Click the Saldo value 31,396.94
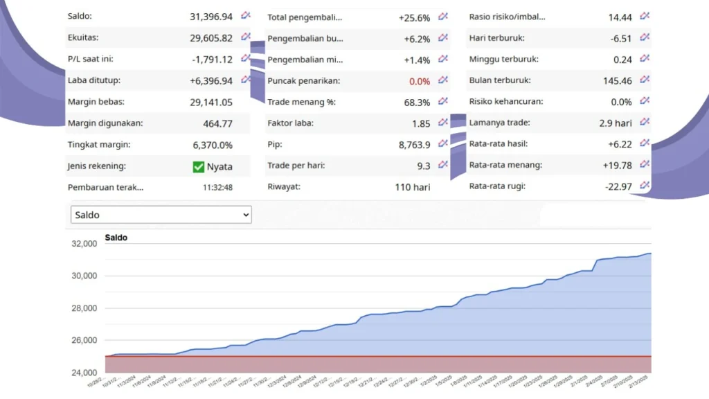(x=211, y=16)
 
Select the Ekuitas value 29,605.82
(x=211, y=37)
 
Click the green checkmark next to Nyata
(x=199, y=166)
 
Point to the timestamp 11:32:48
(x=217, y=187)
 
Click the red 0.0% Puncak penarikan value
(x=419, y=81)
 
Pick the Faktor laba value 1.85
(x=420, y=123)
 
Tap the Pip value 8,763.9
(x=415, y=145)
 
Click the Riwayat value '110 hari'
(x=413, y=187)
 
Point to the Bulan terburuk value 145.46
(x=618, y=81)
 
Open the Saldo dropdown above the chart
(x=161, y=215)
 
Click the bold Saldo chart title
(x=116, y=238)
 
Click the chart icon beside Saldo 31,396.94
(x=245, y=15)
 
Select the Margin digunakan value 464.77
(x=217, y=124)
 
